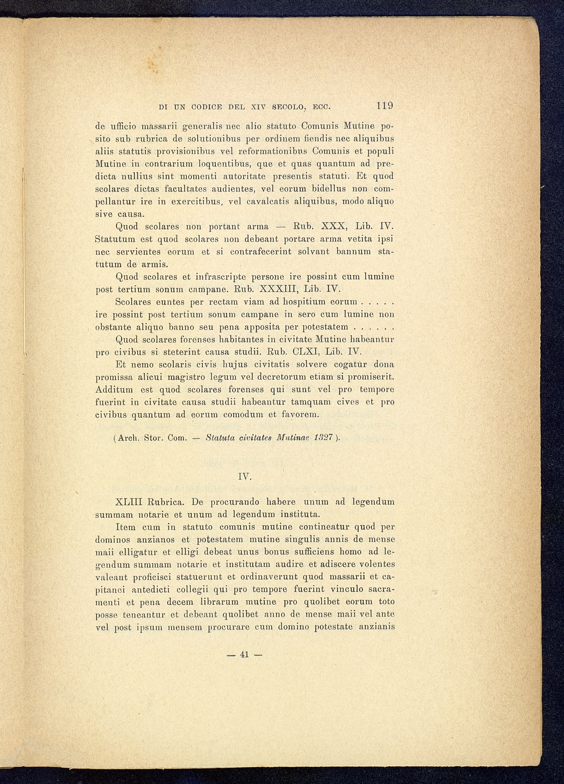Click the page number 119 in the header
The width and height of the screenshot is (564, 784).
(x=385, y=105)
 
